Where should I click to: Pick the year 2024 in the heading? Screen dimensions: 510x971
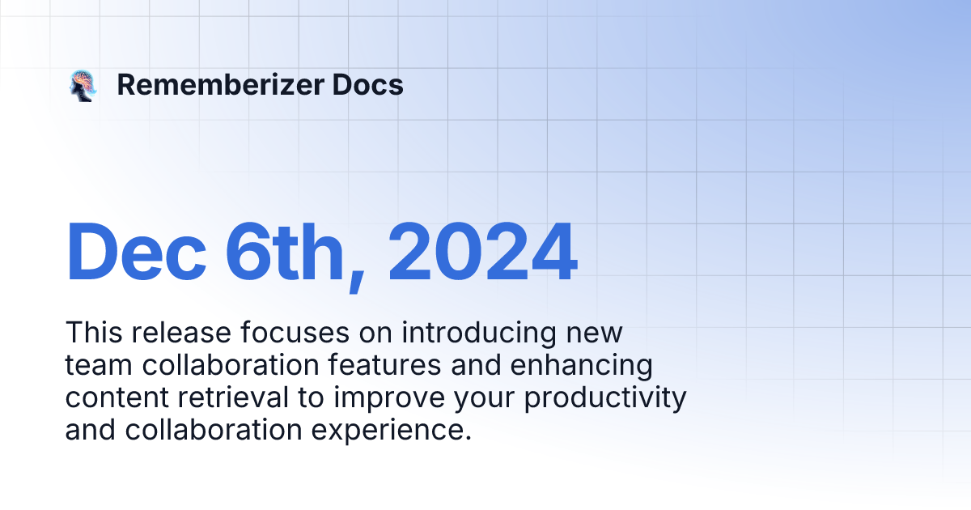click(483, 253)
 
